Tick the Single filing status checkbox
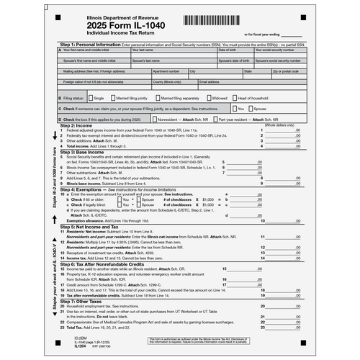pos(90,97)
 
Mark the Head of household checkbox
pos(234,97)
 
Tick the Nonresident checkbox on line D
pos(154,118)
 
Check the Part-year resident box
pos(215,118)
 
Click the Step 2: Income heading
pos(81,126)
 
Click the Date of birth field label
pos(228,50)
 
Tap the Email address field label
pos(209,82)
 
